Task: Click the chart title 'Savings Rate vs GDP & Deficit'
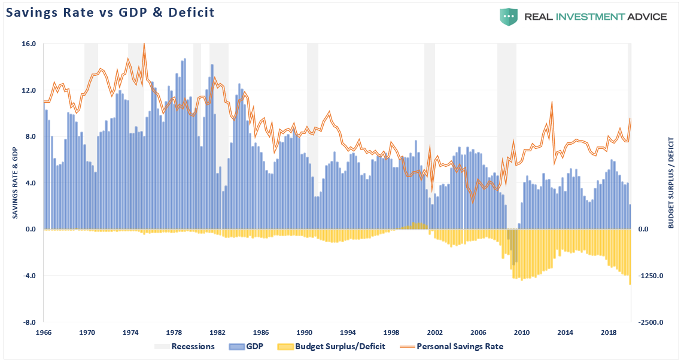111,13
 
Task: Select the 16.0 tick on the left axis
29,44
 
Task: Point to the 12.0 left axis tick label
29,90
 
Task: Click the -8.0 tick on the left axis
29,322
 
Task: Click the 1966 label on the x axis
44,332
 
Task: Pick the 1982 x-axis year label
218,332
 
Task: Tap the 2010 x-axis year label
522,332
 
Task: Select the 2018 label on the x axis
609,332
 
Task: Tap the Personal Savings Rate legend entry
460,346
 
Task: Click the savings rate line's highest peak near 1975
144,44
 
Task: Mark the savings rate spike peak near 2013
552,102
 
